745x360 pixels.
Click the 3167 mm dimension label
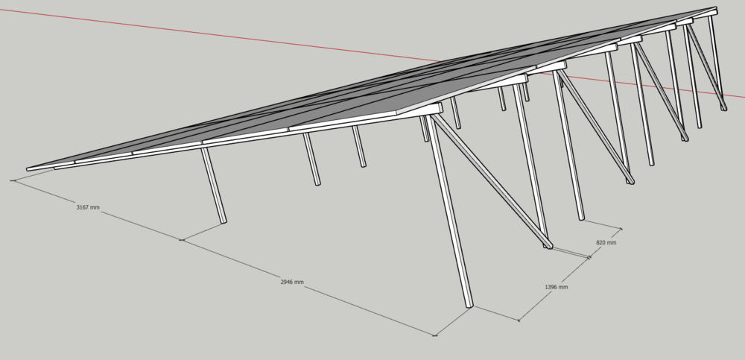(x=88, y=207)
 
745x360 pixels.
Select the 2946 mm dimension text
(x=292, y=282)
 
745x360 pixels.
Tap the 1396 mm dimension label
(x=556, y=287)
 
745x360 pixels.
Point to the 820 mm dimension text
(x=606, y=242)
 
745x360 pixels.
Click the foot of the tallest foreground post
(x=469, y=306)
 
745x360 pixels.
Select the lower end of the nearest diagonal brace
(x=549, y=247)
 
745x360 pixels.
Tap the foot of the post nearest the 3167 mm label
(x=223, y=221)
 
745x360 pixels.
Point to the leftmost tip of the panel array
(x=28, y=169)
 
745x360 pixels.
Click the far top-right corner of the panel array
(x=715, y=7)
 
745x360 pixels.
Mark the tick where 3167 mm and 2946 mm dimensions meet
(x=182, y=240)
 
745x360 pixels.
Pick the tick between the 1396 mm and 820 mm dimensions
(x=589, y=258)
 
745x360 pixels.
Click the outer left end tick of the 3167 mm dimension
(x=13, y=180)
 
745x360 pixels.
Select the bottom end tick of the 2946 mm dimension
(x=435, y=335)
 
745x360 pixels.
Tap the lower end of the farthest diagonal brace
(x=723, y=109)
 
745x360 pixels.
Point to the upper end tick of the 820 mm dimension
(x=621, y=230)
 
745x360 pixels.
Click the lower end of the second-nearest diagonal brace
(x=630, y=182)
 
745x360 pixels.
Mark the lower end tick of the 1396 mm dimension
(x=519, y=320)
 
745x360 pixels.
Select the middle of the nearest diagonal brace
(x=491, y=180)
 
